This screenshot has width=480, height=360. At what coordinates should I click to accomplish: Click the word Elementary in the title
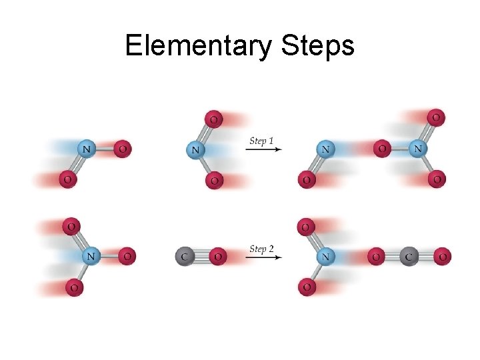pyautogui.click(x=198, y=47)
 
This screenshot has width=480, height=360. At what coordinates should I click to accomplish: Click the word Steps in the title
pyautogui.click(x=318, y=47)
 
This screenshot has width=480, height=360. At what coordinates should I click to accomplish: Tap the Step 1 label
pyautogui.click(x=262, y=141)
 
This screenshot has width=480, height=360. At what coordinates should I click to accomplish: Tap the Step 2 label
pyautogui.click(x=262, y=249)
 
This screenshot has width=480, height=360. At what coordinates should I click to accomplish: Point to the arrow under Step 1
pyautogui.click(x=263, y=150)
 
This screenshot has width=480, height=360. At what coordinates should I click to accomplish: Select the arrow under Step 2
pyautogui.click(x=263, y=257)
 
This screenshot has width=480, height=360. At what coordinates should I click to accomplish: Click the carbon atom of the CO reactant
pyautogui.click(x=184, y=256)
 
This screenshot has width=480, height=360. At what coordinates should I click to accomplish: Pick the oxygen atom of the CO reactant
pyautogui.click(x=217, y=256)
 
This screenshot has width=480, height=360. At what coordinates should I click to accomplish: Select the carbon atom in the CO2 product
pyautogui.click(x=409, y=256)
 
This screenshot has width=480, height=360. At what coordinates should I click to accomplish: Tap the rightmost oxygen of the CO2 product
pyautogui.click(x=442, y=256)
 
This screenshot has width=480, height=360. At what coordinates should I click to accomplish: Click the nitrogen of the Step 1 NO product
pyautogui.click(x=325, y=149)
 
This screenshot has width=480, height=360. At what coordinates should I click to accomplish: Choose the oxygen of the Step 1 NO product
pyautogui.click(x=307, y=179)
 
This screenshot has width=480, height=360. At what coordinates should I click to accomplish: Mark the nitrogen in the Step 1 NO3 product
pyautogui.click(x=418, y=149)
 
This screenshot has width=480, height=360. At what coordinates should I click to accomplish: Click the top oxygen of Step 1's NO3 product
pyautogui.click(x=436, y=118)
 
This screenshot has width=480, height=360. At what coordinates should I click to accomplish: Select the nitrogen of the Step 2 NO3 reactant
pyautogui.click(x=91, y=255)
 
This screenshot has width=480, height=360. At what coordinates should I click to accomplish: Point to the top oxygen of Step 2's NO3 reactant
pyautogui.click(x=72, y=226)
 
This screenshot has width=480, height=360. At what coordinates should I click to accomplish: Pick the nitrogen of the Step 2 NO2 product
pyautogui.click(x=325, y=256)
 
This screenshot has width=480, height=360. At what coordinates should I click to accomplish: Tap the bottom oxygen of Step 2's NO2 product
pyautogui.click(x=307, y=287)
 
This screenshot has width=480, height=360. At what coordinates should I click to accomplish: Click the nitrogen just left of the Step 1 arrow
pyautogui.click(x=195, y=150)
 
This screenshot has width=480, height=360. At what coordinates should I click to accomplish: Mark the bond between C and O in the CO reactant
pyautogui.click(x=201, y=256)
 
